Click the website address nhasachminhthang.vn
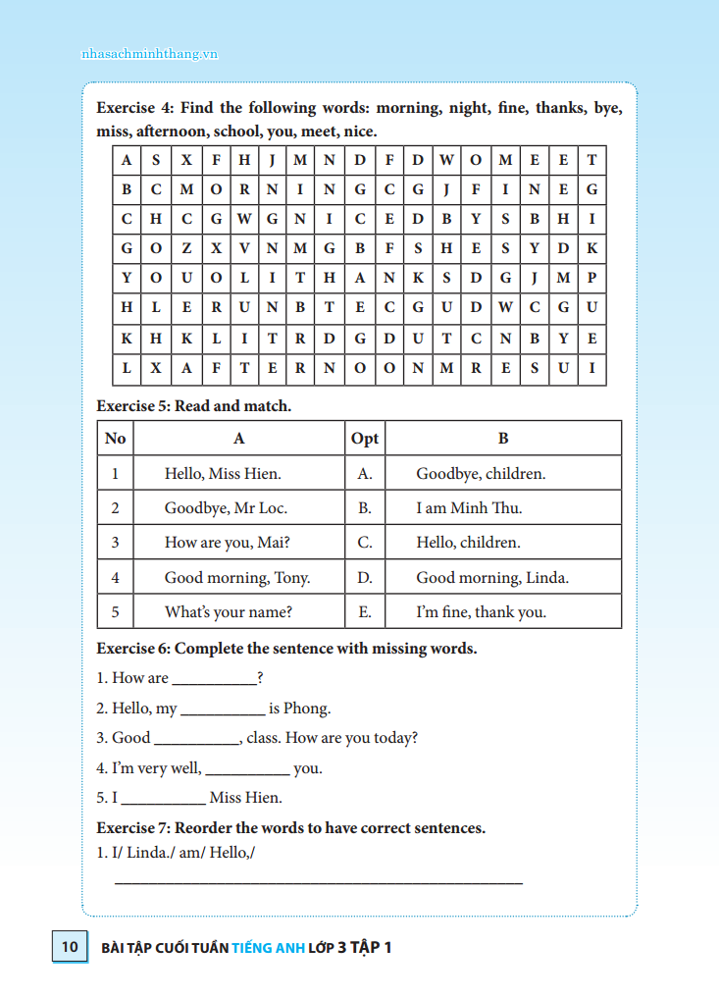coord(149,54)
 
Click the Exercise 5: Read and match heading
coord(193,405)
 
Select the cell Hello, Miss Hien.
coord(223,473)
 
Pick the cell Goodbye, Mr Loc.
coord(226,508)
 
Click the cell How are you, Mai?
coord(227,543)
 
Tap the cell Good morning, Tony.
coord(236,577)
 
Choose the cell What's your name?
coord(228,611)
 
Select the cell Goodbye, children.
coord(481,473)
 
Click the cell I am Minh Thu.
coord(469,508)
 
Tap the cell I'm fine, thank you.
coord(481,611)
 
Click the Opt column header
coord(364,439)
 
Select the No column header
coord(115,439)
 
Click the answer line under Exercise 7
coord(319,882)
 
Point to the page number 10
coord(69,947)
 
